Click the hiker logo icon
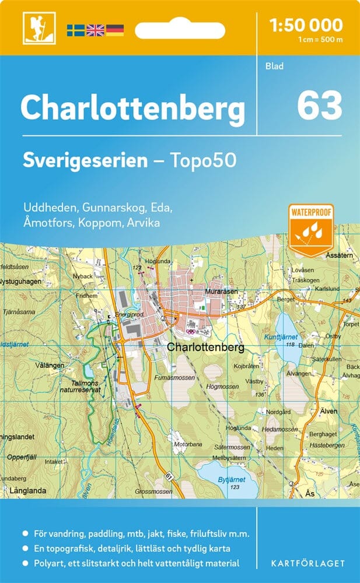tap(34, 28)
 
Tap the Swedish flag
tap(75, 30)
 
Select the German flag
tap(115, 30)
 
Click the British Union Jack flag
tap(95, 30)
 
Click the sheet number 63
tap(319, 105)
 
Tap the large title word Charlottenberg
tap(133, 107)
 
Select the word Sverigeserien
tap(85, 160)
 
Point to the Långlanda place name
tap(27, 491)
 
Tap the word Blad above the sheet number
tap(274, 66)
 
